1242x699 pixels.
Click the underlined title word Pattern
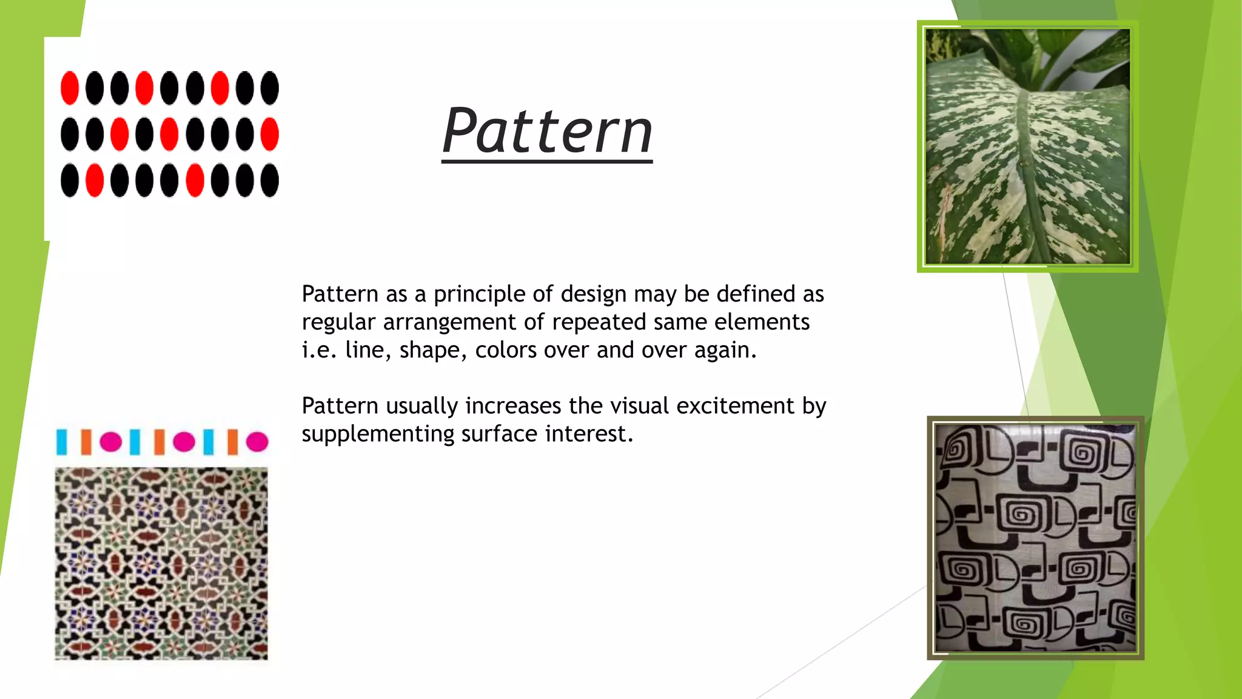[547, 131]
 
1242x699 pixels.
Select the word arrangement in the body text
[449, 322]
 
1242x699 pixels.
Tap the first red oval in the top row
[70, 88]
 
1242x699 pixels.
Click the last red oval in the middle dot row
[269, 134]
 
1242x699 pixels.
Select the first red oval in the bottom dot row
[95, 180]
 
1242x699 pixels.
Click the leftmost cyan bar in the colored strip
[61, 442]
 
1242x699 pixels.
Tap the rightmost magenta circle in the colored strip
[257, 442]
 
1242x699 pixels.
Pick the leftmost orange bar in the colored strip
[86, 442]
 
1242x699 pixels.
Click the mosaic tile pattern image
[161, 563]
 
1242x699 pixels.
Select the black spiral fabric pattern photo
[1035, 538]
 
